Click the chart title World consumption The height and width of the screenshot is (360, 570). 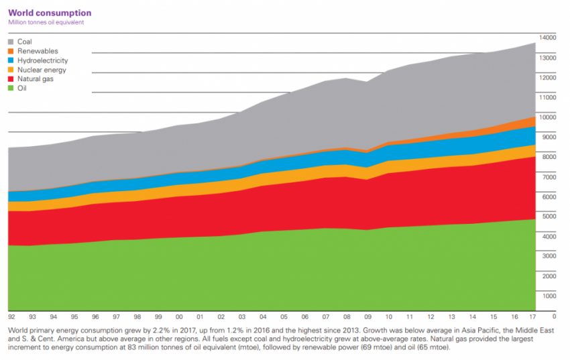click(x=50, y=13)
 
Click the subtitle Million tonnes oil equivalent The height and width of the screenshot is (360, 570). click(x=46, y=22)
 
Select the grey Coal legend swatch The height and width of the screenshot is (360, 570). click(x=11, y=42)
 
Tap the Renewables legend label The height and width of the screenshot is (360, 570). click(x=38, y=51)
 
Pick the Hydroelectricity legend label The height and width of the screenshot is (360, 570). click(x=42, y=60)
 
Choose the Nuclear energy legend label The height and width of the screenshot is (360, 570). click(x=42, y=70)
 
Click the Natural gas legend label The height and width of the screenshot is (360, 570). click(x=36, y=79)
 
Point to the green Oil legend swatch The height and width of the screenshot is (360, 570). click(x=11, y=88)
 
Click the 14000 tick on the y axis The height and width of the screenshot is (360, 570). click(x=548, y=38)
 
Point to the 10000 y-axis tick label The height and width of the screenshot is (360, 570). click(x=548, y=117)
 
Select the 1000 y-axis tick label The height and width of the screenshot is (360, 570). click(x=549, y=296)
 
